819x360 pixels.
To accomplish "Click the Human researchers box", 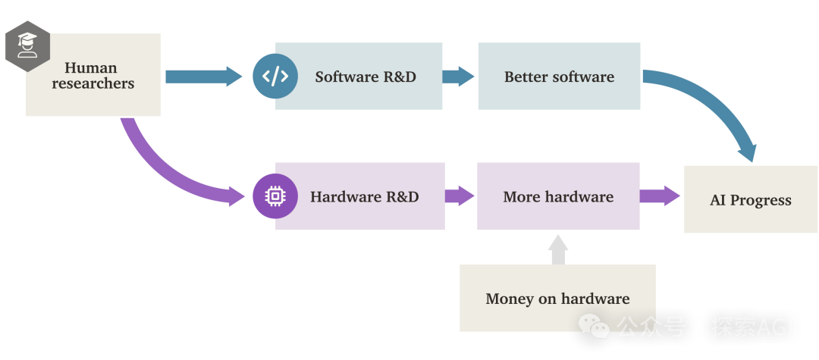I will [x=93, y=76].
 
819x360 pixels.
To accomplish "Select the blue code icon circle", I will [x=275, y=76].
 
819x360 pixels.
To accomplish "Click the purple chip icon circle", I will [x=275, y=196].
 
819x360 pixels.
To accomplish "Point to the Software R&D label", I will [x=366, y=77].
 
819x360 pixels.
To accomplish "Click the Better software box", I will [x=559, y=77].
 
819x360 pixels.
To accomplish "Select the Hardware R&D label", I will [x=364, y=197].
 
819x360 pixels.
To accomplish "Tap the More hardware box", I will [x=558, y=197].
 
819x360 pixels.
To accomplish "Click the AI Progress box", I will [x=751, y=200].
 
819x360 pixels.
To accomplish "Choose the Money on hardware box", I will [x=557, y=299].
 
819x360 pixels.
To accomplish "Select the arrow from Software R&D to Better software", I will [x=459, y=76].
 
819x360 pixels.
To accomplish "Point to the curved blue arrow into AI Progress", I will [x=717, y=106].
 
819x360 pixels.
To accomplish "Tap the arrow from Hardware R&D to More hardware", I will [x=460, y=196].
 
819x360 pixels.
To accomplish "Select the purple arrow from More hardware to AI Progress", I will [x=661, y=196].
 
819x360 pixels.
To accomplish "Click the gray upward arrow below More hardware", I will [x=558, y=249].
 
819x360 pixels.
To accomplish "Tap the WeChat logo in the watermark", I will [x=594, y=327].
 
